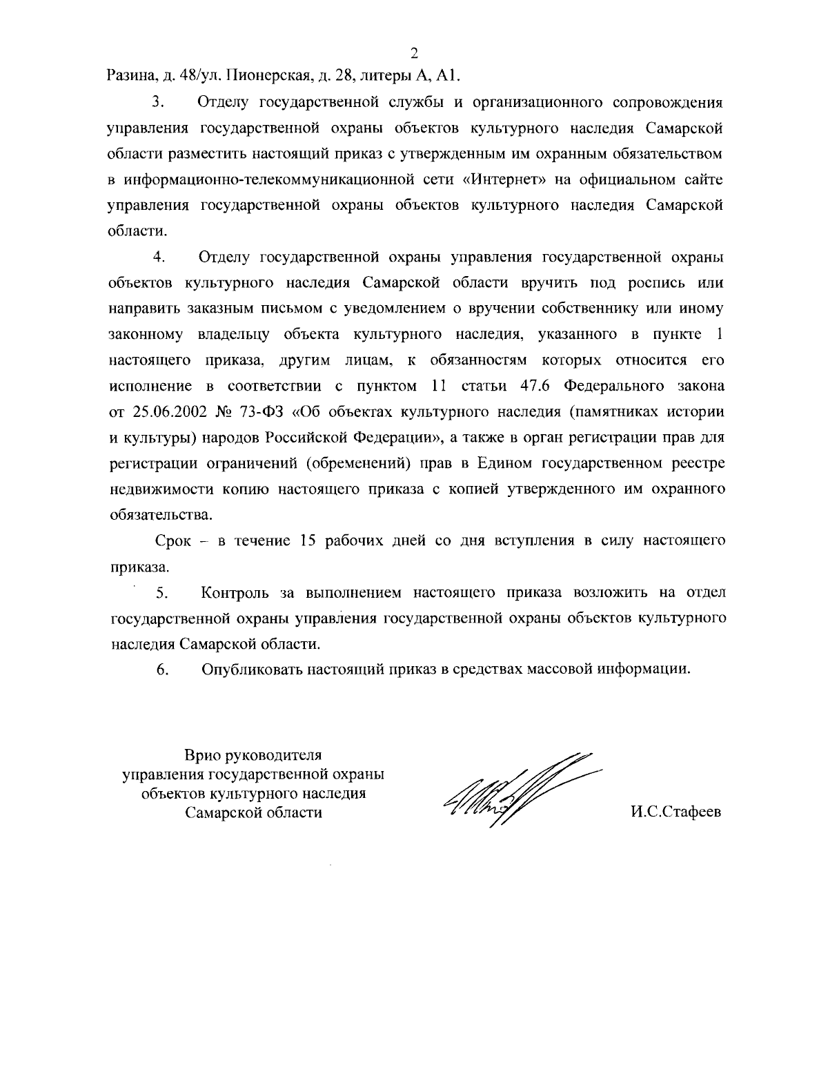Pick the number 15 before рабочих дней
pyautogui.click(x=308, y=541)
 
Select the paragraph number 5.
pyautogui.click(x=161, y=593)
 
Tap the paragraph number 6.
pyautogui.click(x=162, y=670)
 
